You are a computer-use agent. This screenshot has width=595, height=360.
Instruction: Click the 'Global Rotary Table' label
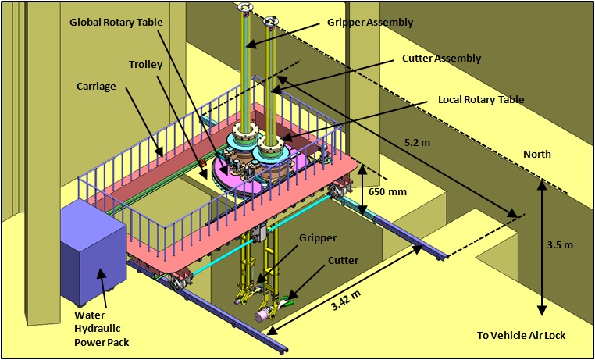116,22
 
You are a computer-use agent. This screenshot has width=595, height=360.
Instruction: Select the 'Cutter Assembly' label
441,58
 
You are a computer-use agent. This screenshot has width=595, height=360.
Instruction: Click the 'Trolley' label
146,64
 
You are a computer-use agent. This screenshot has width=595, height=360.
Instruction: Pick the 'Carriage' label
98,86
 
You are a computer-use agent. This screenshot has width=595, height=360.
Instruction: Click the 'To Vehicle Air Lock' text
521,336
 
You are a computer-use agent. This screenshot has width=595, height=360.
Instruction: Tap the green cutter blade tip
290,301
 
